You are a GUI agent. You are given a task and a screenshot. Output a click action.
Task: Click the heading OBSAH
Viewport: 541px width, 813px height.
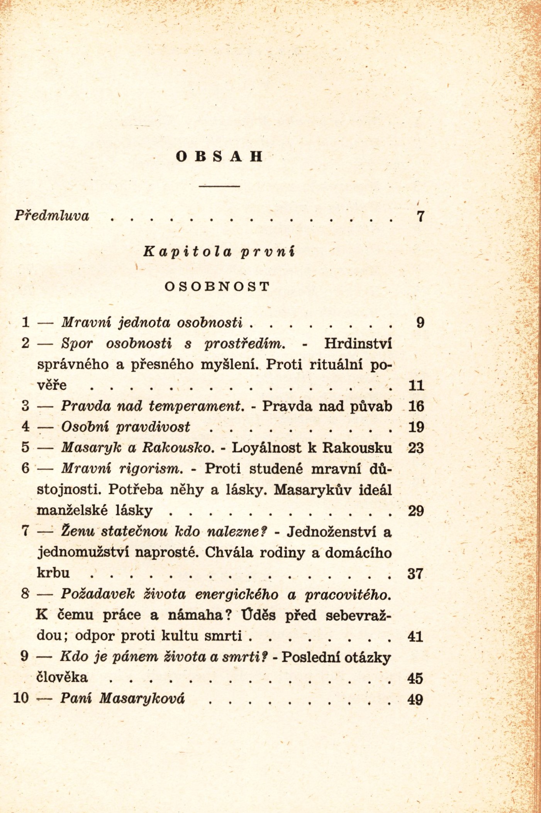pos(219,157)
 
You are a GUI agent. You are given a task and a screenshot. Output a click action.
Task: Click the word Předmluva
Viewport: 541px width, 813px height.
pos(52,216)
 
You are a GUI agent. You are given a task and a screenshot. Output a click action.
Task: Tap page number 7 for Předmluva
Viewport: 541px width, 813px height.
pos(421,216)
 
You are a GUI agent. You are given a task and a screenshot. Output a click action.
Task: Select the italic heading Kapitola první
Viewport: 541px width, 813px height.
pos(219,252)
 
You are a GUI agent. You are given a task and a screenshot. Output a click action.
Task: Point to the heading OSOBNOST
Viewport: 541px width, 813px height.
pos(217,287)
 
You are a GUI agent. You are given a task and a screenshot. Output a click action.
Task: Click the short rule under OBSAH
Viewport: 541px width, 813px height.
pos(219,186)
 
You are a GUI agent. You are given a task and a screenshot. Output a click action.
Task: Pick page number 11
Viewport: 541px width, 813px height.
pos(416,385)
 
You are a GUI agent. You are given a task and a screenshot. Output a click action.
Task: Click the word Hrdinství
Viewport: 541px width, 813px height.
pos(358,343)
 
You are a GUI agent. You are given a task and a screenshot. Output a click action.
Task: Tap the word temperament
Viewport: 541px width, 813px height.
pos(197,406)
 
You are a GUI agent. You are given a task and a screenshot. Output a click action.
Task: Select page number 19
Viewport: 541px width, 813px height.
pos(416,427)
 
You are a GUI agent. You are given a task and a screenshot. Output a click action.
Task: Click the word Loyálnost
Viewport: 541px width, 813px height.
pos(266,448)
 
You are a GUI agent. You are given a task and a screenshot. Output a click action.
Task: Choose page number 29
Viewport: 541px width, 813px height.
pos(416,511)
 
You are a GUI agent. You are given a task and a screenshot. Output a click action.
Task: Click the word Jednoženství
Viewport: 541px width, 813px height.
pos(331,532)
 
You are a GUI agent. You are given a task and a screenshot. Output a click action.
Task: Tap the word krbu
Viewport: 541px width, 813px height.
pos(53,573)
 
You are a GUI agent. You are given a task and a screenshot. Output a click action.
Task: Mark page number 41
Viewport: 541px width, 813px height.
pos(416,636)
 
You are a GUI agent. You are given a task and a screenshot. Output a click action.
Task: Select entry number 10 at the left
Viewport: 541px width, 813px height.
pos(21,698)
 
